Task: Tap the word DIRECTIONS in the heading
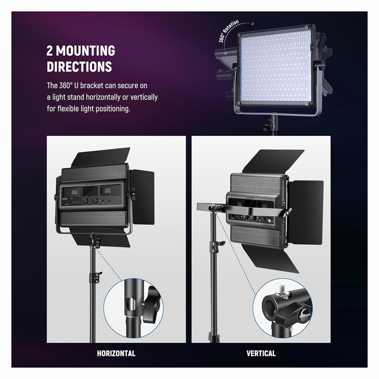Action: tap(79, 67)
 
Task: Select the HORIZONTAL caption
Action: tap(116, 354)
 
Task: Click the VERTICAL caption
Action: tap(261, 354)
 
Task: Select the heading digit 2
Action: tap(50, 51)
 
